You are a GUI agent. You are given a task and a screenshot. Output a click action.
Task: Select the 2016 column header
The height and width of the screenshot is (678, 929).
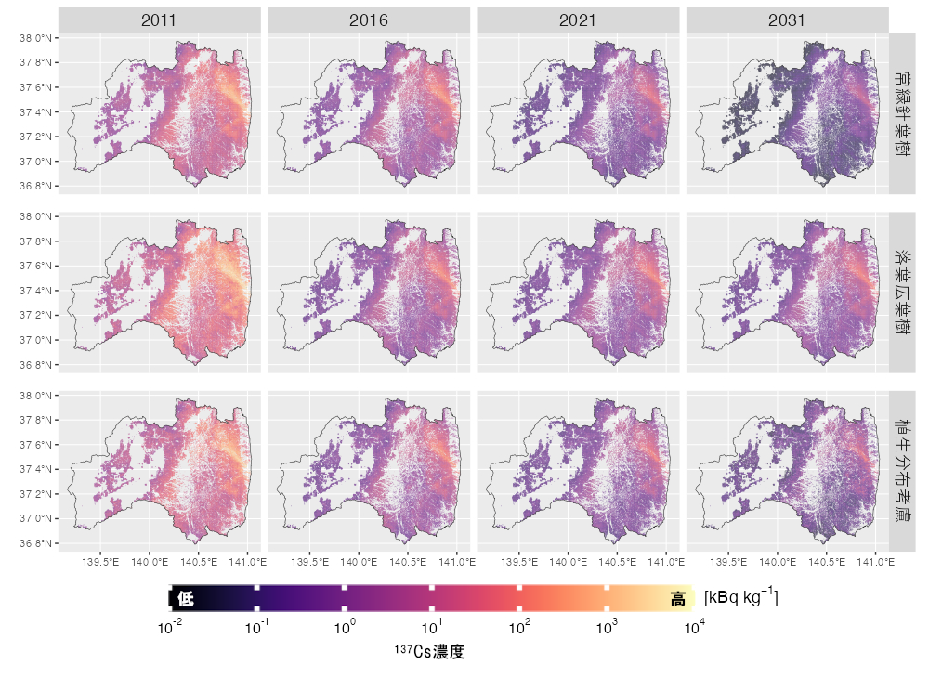[369, 20]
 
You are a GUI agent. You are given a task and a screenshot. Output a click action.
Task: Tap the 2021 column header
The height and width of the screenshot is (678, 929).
[578, 20]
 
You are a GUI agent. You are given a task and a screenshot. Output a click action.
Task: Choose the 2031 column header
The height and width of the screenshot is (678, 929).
[788, 20]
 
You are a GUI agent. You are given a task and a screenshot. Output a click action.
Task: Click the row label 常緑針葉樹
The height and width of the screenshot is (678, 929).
[902, 113]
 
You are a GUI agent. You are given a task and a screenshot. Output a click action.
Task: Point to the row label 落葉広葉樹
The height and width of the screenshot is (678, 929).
[902, 292]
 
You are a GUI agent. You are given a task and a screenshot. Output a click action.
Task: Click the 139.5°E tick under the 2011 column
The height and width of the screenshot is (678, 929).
[100, 561]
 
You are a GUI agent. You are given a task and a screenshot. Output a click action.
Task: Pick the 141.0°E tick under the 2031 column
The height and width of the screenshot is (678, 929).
[875, 561]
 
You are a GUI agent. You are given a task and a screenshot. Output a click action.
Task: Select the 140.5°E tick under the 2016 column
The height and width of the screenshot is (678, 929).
[408, 561]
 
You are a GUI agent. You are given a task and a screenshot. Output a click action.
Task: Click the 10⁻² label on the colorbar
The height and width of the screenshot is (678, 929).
[170, 629]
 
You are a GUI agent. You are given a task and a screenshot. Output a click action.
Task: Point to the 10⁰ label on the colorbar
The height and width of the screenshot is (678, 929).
[345, 629]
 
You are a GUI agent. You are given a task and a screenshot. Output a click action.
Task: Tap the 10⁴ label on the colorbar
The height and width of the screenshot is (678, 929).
[694, 629]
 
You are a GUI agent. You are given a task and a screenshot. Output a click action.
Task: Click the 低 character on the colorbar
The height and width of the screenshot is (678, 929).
[185, 599]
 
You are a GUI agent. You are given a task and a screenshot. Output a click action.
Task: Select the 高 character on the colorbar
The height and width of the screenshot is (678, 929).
[678, 599]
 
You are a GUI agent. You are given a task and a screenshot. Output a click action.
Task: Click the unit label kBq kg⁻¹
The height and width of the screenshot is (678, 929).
[740, 596]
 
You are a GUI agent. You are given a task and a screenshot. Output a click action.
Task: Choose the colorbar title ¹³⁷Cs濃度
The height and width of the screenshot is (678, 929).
[430, 652]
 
